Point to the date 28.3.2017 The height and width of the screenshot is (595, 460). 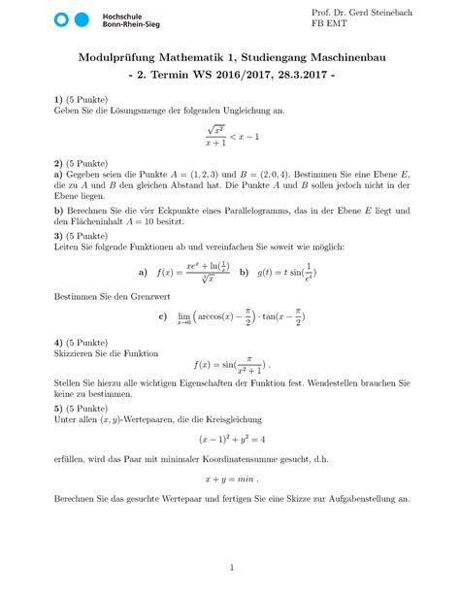pyautogui.click(x=303, y=76)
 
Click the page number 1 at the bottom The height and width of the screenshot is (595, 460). pyautogui.click(x=230, y=567)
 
